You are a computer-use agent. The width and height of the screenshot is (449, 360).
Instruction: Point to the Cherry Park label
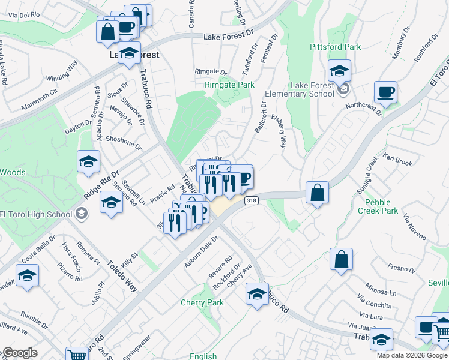202,302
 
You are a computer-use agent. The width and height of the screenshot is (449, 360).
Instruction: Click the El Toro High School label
37,214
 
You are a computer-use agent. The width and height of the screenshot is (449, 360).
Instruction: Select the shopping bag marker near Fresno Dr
341,260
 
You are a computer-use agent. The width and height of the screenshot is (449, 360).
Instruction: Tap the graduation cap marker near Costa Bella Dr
27,276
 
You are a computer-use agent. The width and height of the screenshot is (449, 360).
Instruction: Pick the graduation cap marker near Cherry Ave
257,295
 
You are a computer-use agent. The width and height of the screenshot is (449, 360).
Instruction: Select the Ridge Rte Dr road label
99,183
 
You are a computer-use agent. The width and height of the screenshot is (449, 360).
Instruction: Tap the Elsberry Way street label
279,131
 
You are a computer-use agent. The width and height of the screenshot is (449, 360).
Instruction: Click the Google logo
20,353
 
